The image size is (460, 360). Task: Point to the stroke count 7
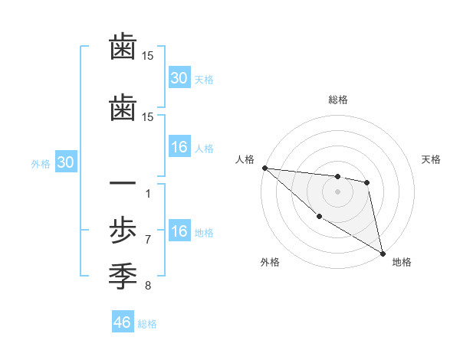[x=148, y=240]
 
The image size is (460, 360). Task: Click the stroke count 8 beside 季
[x=148, y=286]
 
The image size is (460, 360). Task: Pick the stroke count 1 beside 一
[x=148, y=193]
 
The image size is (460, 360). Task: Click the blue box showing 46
[x=123, y=322]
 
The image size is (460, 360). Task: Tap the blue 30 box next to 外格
[x=65, y=163]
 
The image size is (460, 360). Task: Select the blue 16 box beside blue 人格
[x=179, y=147]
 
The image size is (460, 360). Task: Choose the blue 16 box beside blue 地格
[x=179, y=232]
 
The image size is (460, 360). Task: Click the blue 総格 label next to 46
[x=147, y=324]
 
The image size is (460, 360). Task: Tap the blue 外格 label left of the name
[x=41, y=164]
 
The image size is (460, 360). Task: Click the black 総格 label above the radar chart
[x=337, y=100]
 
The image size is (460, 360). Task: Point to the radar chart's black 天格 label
[x=432, y=159]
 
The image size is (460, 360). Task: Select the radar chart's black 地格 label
[x=402, y=263]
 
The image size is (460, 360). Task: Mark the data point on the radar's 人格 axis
[x=264, y=168]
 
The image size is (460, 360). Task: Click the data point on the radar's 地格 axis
[x=383, y=254]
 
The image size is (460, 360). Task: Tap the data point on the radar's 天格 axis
[x=367, y=182]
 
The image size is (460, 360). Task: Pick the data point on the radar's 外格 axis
[x=319, y=217]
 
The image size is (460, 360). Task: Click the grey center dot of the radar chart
[x=337, y=191]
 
